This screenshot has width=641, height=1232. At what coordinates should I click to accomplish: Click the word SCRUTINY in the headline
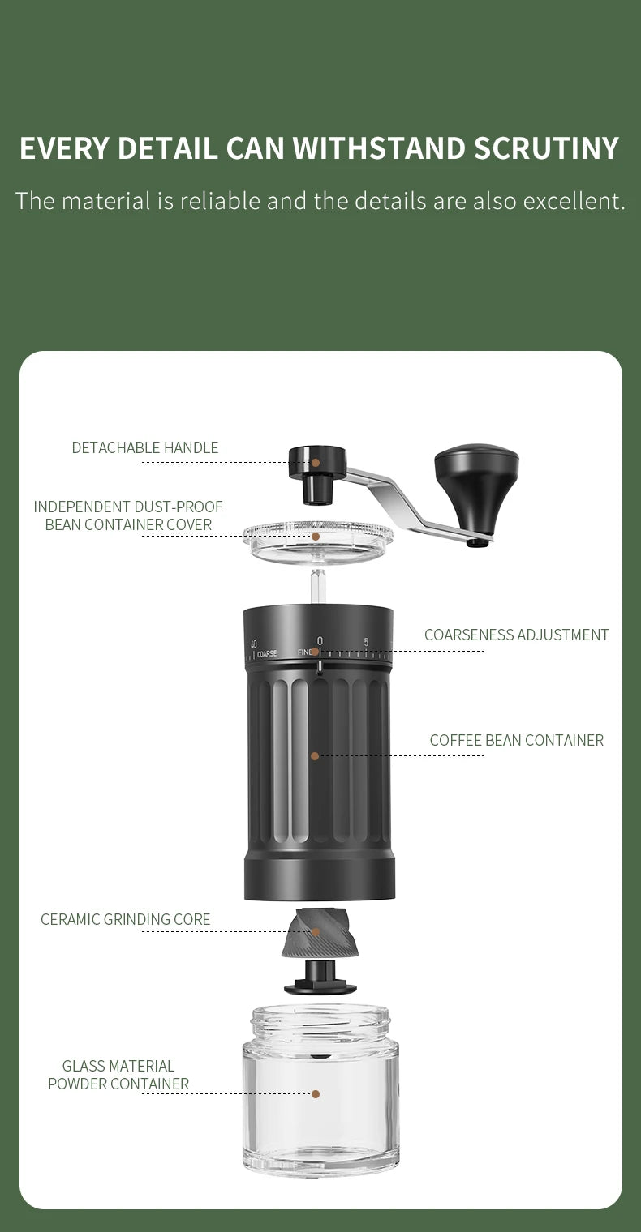click(x=546, y=148)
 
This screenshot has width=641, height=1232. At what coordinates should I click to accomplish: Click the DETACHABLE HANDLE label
click(x=144, y=447)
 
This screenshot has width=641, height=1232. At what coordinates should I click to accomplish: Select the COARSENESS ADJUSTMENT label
click(x=516, y=635)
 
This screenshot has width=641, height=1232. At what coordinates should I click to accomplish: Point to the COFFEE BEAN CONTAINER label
click(x=516, y=740)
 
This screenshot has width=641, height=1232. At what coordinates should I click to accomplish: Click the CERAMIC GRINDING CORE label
click(x=125, y=919)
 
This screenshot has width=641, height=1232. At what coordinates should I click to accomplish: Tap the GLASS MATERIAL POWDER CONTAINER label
click(x=118, y=1075)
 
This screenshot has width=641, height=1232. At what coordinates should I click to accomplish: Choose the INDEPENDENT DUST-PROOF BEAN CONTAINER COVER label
click(x=128, y=515)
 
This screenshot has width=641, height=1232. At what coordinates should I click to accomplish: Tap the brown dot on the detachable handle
click(x=316, y=462)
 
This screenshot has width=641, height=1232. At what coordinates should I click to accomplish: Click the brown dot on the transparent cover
click(x=316, y=536)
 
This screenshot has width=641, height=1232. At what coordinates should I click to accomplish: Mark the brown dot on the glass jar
click(x=316, y=1094)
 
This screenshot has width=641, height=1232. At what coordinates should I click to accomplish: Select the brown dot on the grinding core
click(x=316, y=932)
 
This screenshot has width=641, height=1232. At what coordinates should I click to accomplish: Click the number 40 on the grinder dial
click(x=254, y=644)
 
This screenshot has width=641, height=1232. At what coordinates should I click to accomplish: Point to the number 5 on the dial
click(x=366, y=642)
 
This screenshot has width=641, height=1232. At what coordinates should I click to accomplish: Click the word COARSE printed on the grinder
click(x=267, y=654)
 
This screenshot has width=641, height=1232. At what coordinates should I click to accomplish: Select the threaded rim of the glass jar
click(x=320, y=1023)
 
